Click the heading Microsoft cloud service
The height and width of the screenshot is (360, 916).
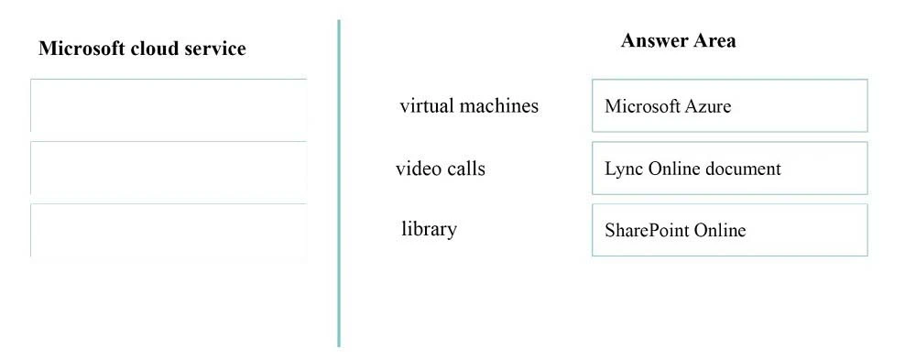tap(142, 49)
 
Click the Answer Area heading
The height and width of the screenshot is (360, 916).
tap(678, 40)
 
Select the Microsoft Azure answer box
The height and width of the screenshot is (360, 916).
tap(729, 105)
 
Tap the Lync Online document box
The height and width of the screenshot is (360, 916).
tap(729, 169)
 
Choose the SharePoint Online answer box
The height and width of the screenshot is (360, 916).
tap(729, 230)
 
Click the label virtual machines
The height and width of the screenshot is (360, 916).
tap(469, 105)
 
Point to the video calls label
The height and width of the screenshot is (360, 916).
tap(441, 169)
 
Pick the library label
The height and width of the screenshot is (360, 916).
tap(429, 229)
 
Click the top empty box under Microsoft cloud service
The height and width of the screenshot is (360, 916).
tap(169, 105)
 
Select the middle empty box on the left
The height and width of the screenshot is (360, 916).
tap(169, 168)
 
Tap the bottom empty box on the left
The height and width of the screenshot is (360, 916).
tap(169, 230)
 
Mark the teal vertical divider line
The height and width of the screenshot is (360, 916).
tap(339, 183)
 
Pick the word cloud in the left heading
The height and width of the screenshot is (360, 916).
tap(144, 49)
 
